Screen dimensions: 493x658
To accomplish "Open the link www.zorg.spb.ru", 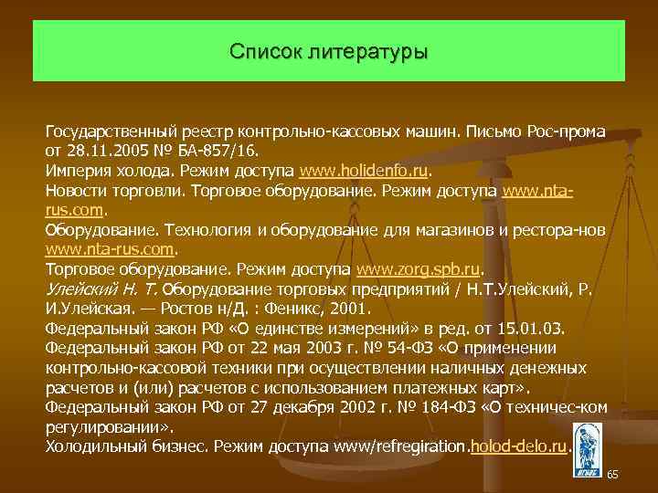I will tap(419, 269).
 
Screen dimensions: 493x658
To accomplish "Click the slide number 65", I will tap(612, 475).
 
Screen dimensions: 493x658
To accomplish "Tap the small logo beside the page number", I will tap(586, 449).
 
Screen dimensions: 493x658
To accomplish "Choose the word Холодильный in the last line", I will tap(92, 446).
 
